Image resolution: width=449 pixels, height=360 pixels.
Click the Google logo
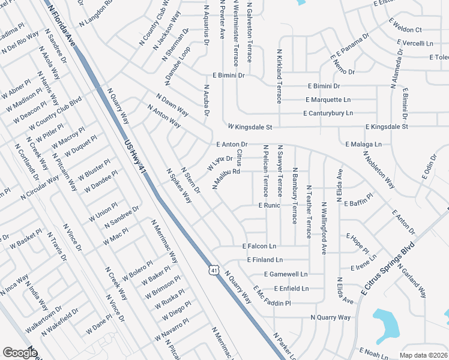20,353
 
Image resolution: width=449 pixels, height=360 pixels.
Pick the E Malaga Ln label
363,145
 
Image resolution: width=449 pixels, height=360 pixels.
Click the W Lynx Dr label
220,163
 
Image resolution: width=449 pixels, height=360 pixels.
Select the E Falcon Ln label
259,246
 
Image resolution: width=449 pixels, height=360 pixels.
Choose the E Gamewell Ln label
286,274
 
